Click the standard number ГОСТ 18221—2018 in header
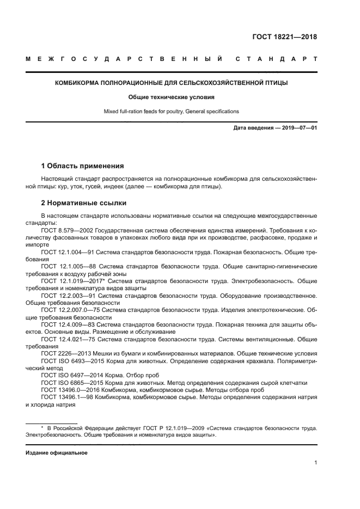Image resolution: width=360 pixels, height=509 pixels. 284,38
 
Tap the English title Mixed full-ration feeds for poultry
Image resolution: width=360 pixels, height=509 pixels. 171,112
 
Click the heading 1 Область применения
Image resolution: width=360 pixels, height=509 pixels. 83,165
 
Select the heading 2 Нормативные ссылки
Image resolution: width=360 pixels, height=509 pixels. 84,203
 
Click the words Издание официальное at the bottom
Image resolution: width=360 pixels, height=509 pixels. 57,453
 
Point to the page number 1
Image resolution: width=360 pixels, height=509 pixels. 315,463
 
